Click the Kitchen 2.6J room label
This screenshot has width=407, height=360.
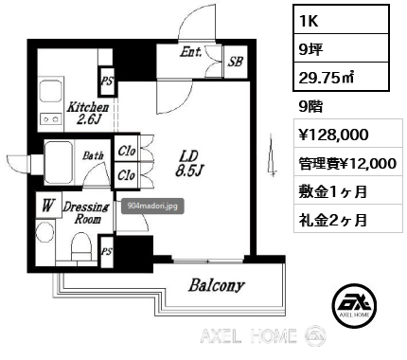point(88,113)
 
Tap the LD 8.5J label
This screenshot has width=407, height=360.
point(189,163)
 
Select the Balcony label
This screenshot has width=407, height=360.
point(217,285)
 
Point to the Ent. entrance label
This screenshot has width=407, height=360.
point(190,52)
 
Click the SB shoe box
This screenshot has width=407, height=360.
point(236,62)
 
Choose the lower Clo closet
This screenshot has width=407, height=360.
point(127,175)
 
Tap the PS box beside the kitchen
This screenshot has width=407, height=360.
point(107,81)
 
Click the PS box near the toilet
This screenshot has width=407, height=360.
point(107,252)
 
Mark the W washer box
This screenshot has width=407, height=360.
point(48,206)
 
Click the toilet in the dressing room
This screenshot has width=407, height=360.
point(81,247)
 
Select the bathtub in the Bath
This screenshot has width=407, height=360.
point(59,162)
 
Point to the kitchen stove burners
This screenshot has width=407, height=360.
point(51,119)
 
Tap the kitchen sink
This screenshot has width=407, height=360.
point(50,91)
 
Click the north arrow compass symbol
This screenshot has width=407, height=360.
point(272,154)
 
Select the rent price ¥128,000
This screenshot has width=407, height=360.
point(333,135)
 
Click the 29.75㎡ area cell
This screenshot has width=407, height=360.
point(341,77)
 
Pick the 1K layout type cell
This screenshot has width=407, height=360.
point(341,20)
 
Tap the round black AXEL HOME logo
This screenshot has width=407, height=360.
point(355,305)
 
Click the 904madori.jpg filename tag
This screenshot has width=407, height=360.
point(152,207)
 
